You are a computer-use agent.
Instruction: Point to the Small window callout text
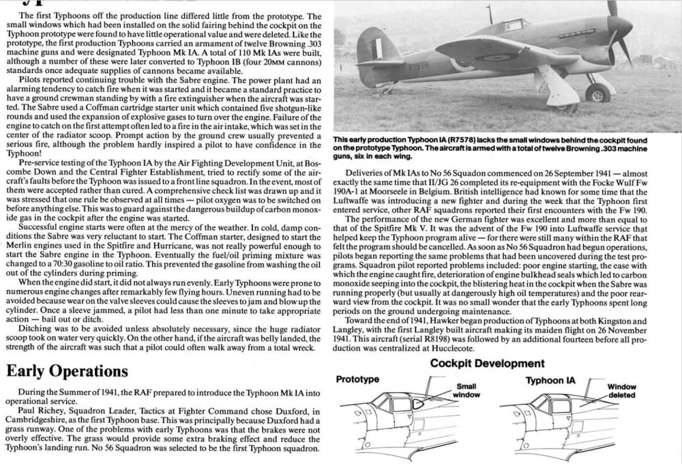click(x=467, y=390)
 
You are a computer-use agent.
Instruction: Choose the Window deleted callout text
click(x=621, y=390)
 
